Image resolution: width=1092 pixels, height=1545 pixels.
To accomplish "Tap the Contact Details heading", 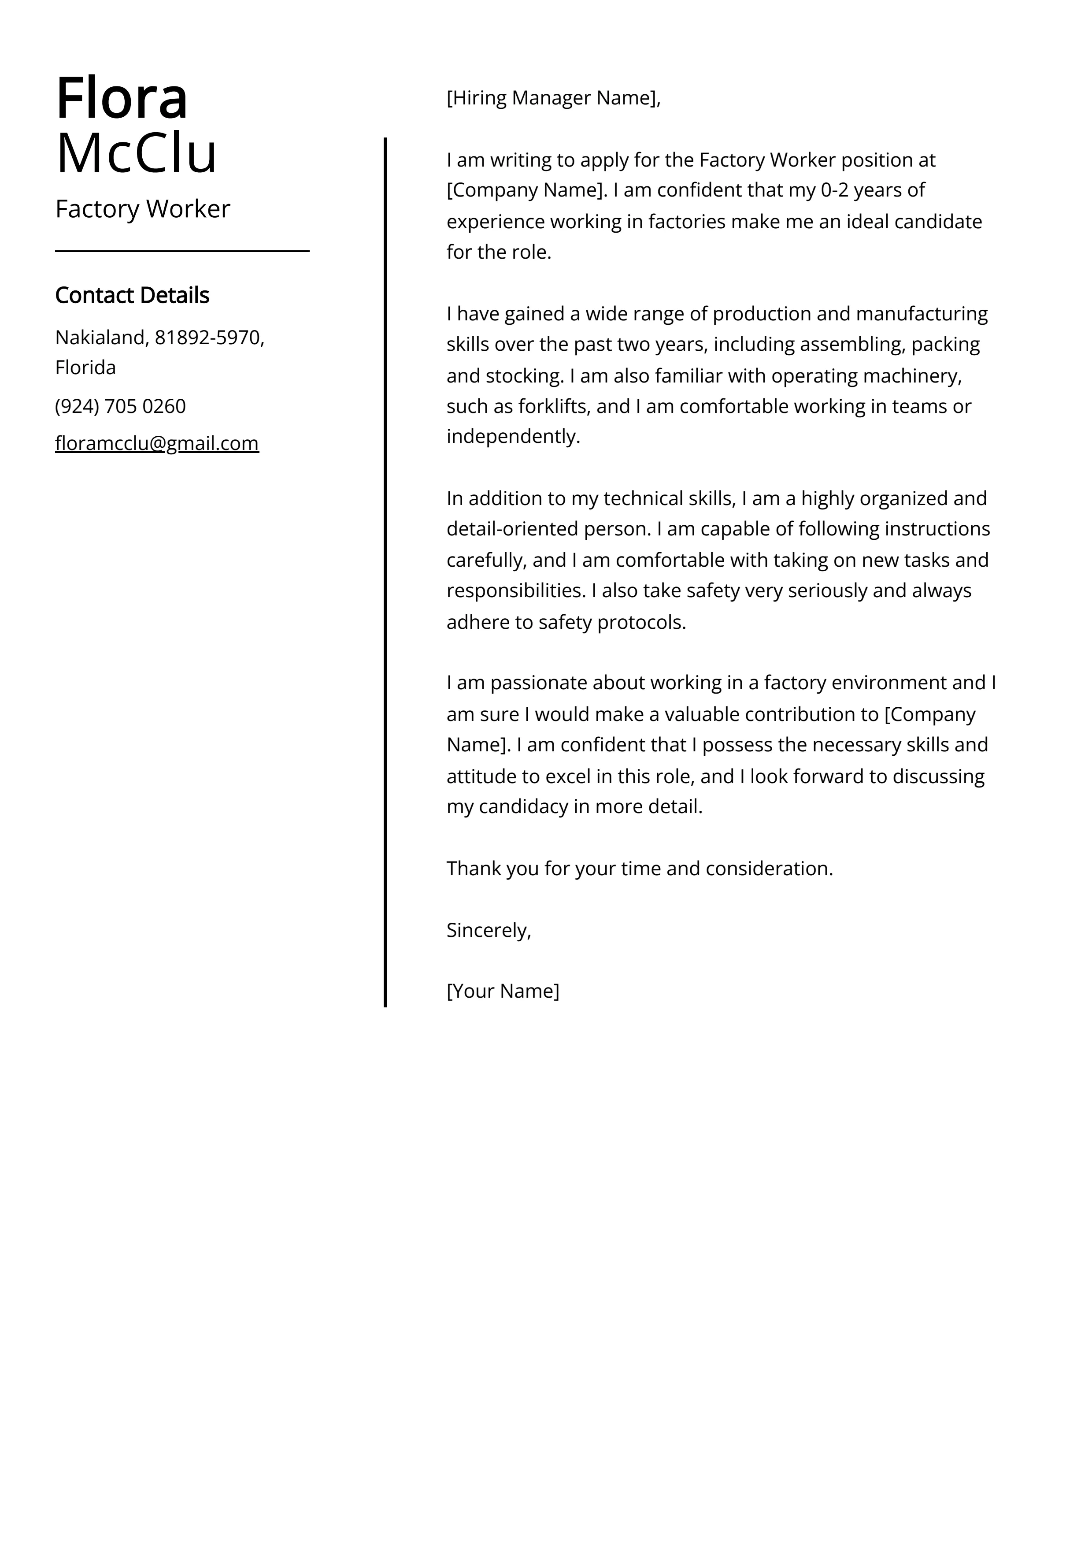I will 132,295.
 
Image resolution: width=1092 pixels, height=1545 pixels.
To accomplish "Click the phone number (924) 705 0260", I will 120,406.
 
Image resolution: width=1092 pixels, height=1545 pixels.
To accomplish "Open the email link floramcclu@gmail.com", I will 157,443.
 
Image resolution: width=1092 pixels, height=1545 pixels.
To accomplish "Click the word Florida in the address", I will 85,368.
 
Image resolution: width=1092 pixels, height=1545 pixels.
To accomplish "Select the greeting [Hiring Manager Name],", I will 553,98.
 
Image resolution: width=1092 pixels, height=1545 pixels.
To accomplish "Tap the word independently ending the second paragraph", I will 513,437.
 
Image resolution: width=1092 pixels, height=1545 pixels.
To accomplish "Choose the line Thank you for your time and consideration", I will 639,869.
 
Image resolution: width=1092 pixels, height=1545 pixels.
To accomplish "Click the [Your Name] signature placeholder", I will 503,991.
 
